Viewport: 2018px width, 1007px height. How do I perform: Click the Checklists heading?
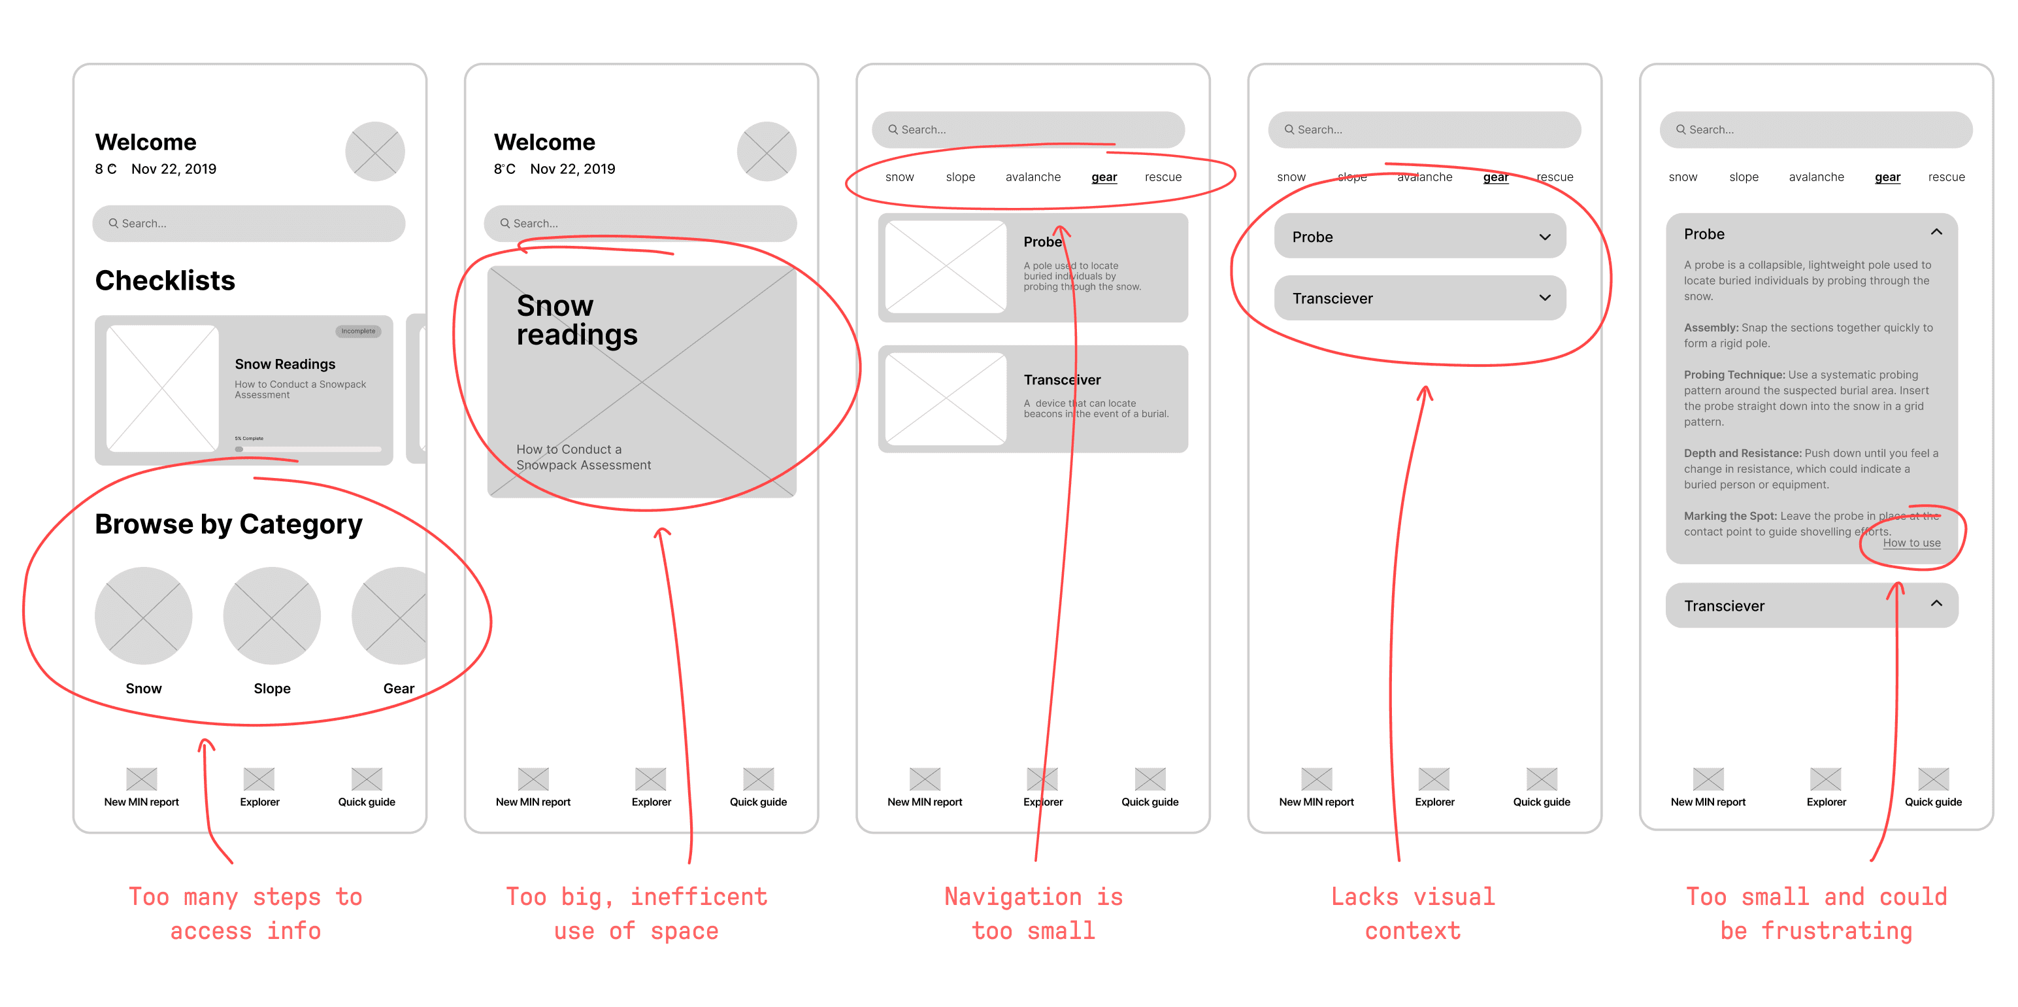point(165,281)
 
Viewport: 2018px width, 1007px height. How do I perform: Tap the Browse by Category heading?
point(228,524)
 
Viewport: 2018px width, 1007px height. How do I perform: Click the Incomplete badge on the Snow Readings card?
point(358,332)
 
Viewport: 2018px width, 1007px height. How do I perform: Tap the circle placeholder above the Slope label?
point(272,615)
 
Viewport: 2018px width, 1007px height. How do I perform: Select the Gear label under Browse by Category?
point(398,688)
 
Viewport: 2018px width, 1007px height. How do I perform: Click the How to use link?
point(1911,543)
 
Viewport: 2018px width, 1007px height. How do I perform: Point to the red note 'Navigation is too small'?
point(1033,913)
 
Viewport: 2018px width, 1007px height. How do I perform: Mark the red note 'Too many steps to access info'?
point(245,913)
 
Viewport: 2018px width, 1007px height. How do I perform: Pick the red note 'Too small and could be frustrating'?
point(1816,913)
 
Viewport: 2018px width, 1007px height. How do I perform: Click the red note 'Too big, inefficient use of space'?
point(636,913)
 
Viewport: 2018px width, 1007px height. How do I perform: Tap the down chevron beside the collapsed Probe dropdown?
point(1544,237)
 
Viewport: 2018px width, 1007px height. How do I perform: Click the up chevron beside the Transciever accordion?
point(1936,604)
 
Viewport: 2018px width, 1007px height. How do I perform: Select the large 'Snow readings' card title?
point(576,320)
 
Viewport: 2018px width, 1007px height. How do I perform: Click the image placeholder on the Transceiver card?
point(946,399)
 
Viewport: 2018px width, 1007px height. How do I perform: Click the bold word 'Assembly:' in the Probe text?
point(1711,328)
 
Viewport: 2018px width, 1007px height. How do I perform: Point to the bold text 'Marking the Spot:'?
point(1730,516)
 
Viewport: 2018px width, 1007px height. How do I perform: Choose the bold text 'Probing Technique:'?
point(1734,375)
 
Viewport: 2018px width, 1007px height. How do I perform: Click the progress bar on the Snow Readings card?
point(308,449)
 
